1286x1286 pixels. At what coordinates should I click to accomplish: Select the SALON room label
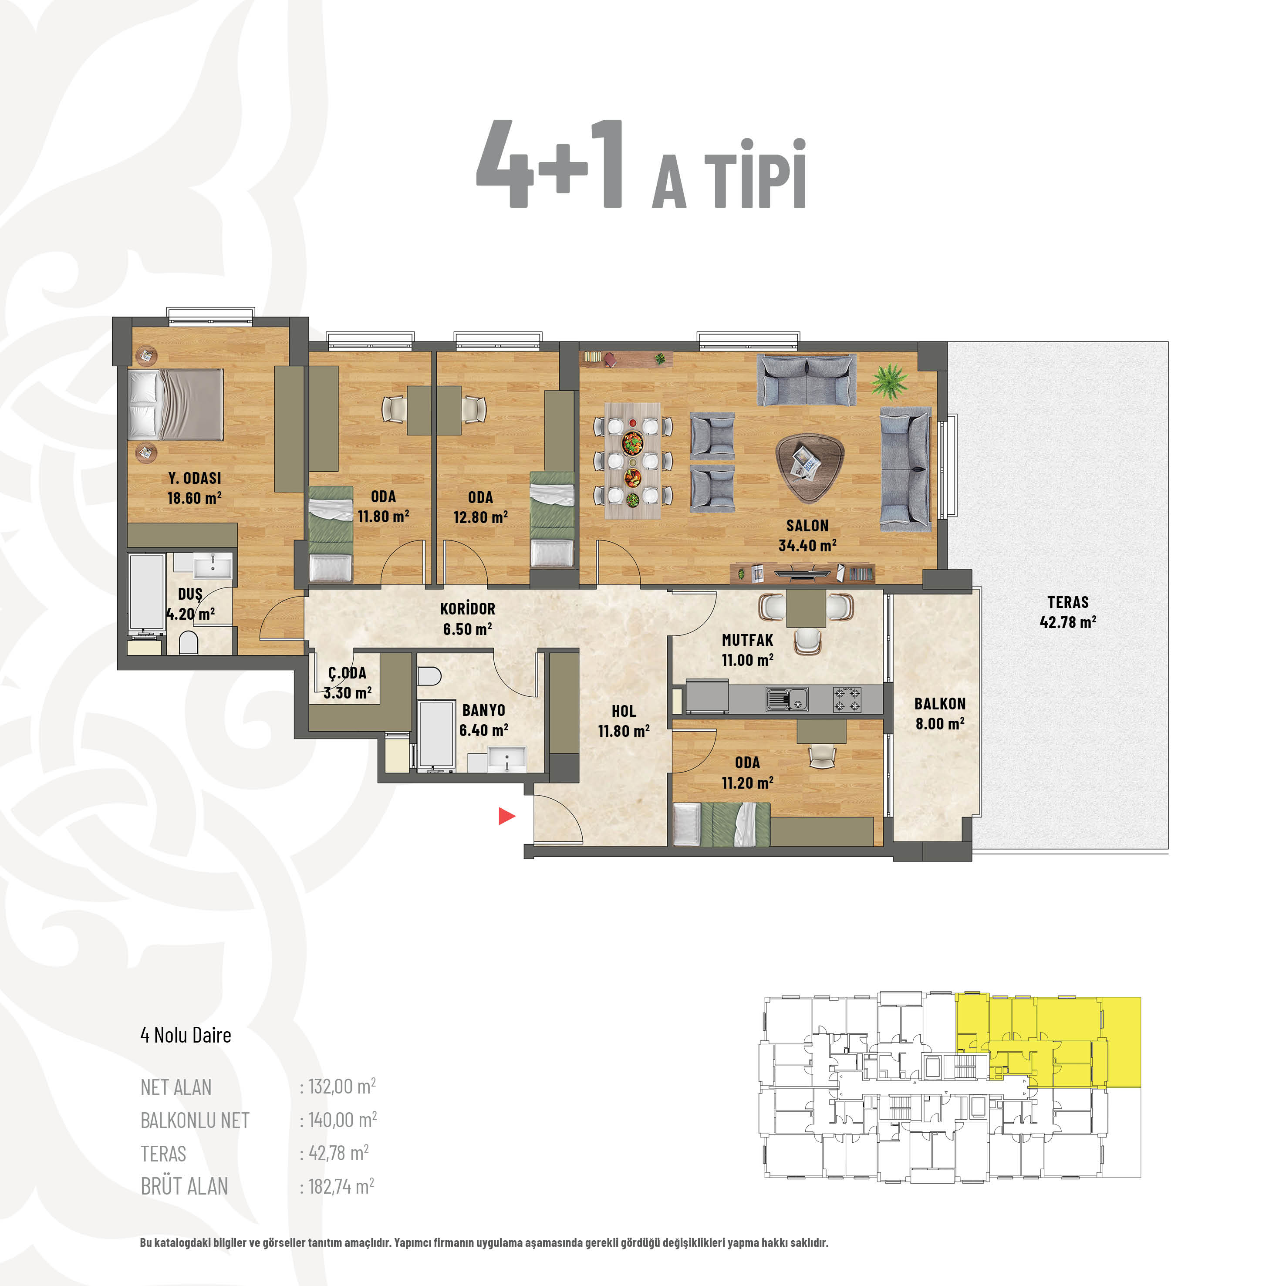click(807, 525)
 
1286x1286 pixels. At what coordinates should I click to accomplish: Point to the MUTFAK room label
click(747, 640)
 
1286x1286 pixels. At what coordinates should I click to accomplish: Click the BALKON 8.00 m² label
click(940, 713)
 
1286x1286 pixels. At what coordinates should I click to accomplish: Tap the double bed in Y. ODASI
click(176, 405)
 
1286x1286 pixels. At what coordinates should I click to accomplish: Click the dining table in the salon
click(632, 460)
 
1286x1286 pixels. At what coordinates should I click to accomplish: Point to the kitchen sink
click(787, 699)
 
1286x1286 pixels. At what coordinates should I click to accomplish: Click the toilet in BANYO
click(429, 677)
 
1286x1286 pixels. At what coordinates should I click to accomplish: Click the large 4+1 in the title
click(550, 164)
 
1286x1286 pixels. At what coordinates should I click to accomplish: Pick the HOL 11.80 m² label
click(624, 721)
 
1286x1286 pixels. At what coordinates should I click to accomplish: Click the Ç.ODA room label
click(347, 672)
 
